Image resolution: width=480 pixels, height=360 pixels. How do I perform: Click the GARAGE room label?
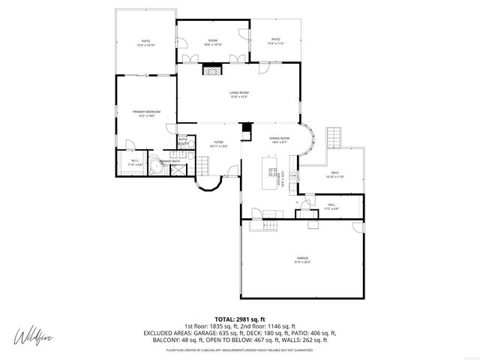pyautogui.click(x=301, y=257)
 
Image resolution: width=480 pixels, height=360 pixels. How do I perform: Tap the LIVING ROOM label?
pyautogui.click(x=238, y=91)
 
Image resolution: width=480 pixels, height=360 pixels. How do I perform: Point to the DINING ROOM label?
pyautogui.click(x=280, y=138)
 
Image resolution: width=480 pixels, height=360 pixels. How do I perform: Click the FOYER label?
pyautogui.click(x=218, y=141)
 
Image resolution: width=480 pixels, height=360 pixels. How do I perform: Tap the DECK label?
pyautogui.click(x=334, y=172)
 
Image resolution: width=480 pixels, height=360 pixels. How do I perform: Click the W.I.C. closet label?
pyautogui.click(x=135, y=160)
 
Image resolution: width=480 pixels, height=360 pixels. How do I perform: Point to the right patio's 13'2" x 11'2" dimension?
pyautogui.click(x=275, y=43)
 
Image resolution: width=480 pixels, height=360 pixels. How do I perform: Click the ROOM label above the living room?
pyautogui.click(x=213, y=39)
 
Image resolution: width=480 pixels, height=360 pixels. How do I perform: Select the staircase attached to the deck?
pyautogui.click(x=333, y=138)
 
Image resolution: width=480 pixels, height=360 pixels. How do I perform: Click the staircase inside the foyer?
pyautogui.click(x=202, y=164)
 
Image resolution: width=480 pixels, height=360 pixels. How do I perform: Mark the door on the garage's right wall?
pyautogui.click(x=358, y=226)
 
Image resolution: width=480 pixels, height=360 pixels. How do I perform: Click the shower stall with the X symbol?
pyautogui.click(x=179, y=169)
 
